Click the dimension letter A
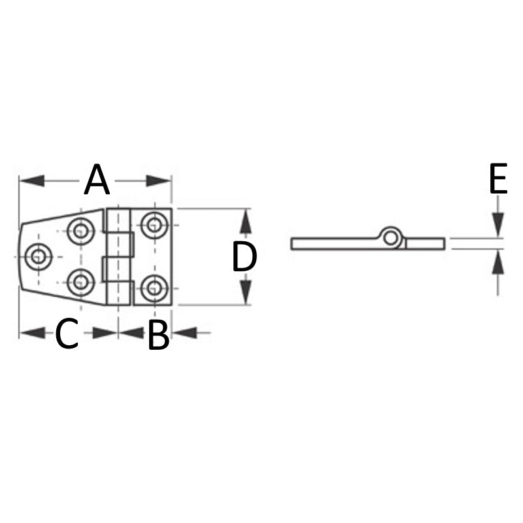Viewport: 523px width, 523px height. point(97,180)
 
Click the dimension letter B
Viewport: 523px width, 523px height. point(158,335)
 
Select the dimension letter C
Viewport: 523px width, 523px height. point(67,334)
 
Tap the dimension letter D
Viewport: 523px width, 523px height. point(245,258)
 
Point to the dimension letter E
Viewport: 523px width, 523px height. point(498,180)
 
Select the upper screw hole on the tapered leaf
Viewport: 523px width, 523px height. point(80,230)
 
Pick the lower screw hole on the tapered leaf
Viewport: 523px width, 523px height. point(80,282)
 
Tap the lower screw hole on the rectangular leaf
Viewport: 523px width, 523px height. point(154,287)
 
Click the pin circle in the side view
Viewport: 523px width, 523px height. point(392,238)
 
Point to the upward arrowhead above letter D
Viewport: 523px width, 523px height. point(245,222)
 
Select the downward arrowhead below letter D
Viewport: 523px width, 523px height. point(245,292)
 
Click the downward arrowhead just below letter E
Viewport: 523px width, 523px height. point(498,224)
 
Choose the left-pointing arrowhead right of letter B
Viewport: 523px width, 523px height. point(186,333)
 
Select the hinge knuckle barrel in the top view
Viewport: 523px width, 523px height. point(119,256)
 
